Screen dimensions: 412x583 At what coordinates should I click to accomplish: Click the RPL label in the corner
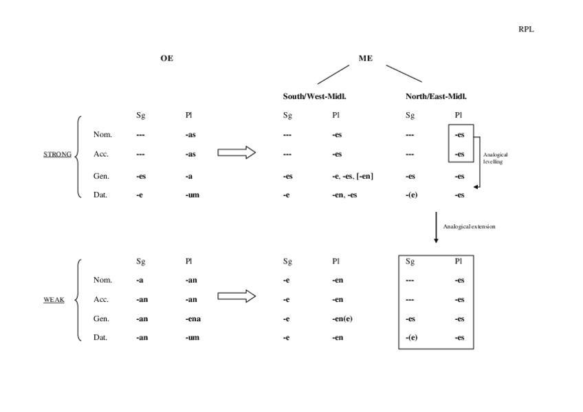pos(526,29)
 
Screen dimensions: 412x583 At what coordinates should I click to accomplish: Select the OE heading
pos(166,58)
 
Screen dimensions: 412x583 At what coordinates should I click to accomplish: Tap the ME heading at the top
pos(365,58)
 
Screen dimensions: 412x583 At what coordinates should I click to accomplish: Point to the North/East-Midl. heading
pos(436,96)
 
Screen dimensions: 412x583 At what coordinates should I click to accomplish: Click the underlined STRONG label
pos(57,154)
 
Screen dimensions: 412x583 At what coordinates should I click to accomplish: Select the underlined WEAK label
pos(54,299)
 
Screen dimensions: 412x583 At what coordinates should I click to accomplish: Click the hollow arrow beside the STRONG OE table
pos(236,153)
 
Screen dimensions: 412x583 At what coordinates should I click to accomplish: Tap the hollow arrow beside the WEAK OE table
pos(236,296)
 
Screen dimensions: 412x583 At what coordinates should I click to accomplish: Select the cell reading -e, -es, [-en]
pos(353,176)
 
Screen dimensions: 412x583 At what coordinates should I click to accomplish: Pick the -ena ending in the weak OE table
pos(192,318)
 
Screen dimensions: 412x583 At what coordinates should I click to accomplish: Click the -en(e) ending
pos(340,318)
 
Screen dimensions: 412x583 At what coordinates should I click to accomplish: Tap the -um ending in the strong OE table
pos(192,195)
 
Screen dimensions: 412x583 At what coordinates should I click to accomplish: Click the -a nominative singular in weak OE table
pos(140,280)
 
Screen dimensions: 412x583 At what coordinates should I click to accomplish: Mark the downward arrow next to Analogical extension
pos(436,226)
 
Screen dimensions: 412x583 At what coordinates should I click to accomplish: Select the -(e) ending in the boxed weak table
pos(411,337)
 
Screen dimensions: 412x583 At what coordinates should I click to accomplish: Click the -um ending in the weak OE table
pos(192,337)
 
